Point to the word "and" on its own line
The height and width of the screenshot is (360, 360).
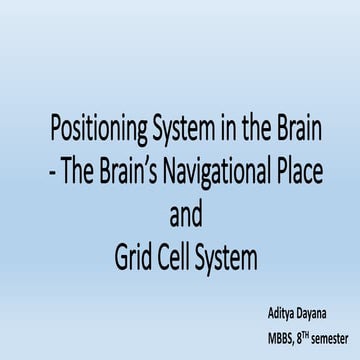click(x=180, y=216)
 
